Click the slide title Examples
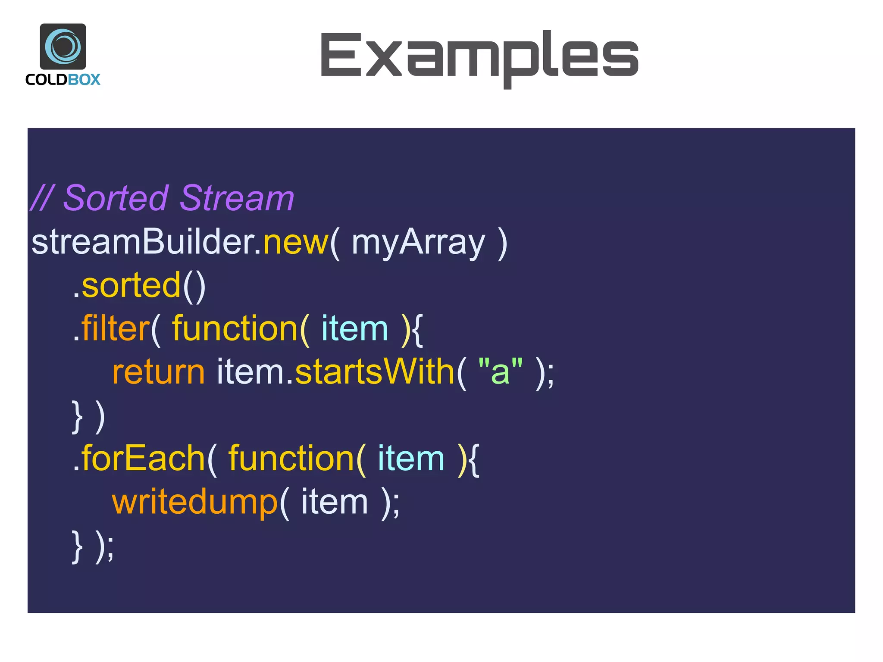(x=479, y=56)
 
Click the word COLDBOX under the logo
(x=63, y=80)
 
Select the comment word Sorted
(x=116, y=198)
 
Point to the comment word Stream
(x=237, y=198)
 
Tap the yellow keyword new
(x=296, y=242)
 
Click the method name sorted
(x=131, y=285)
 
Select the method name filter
(x=115, y=328)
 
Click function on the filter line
(x=235, y=328)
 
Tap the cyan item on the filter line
(x=354, y=328)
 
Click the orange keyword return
(x=158, y=372)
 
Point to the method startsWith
(x=374, y=372)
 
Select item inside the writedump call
(x=334, y=502)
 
